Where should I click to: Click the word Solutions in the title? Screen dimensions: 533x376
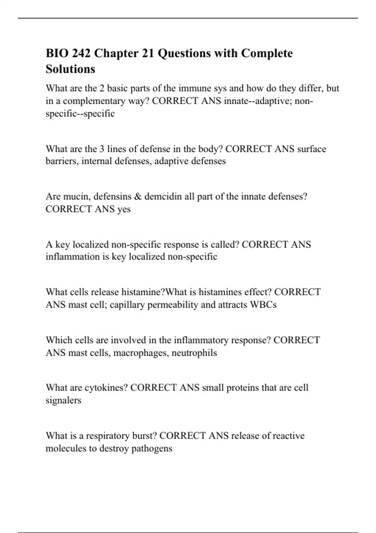tap(70, 69)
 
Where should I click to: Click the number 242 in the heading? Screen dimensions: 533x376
tap(81, 53)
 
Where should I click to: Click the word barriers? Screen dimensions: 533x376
tap(62, 161)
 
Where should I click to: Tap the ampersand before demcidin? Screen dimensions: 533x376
tap(138, 197)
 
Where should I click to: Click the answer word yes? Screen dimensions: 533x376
tap(124, 209)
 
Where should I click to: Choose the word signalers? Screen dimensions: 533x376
tap(63, 400)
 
